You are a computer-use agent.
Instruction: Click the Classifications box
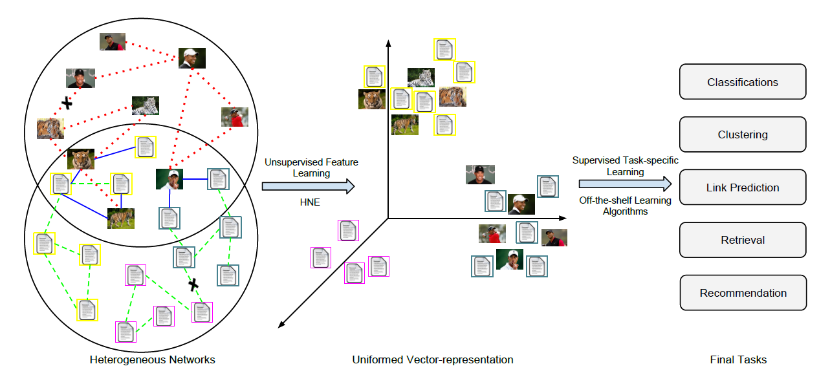pos(743,82)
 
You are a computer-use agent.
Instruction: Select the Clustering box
pos(743,134)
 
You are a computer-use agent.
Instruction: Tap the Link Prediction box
pos(743,187)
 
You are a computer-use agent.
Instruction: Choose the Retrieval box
pos(743,240)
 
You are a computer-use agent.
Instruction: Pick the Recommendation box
pos(743,293)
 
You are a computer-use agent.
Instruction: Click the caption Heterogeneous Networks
pos(152,359)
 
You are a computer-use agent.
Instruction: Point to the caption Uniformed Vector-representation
pos(433,359)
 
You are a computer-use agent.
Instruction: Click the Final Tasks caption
pos(738,359)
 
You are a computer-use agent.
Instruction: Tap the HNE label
pos(311,202)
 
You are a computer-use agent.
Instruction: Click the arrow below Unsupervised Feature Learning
pos(309,186)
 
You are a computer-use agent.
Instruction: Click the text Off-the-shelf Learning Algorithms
pos(625,206)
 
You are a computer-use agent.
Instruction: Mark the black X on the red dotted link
pos(65,102)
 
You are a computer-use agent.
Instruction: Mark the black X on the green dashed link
pos(192,284)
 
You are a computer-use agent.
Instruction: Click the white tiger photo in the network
pos(145,105)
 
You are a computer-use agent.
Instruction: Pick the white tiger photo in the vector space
pos(420,78)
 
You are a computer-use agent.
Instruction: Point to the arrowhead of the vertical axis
pos(388,43)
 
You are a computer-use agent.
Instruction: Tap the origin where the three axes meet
pos(388,218)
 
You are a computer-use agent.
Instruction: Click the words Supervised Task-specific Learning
pos(625,166)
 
